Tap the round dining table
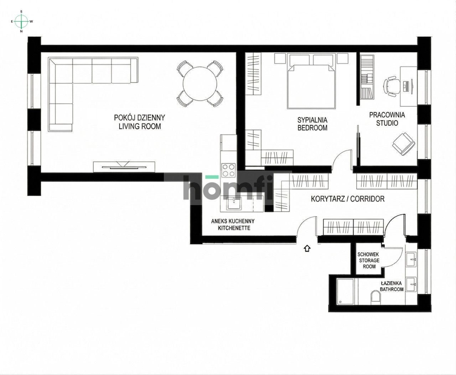pyautogui.click(x=200, y=84)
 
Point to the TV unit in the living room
pyautogui.click(x=125, y=166)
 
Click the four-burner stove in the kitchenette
pyautogui.click(x=229, y=170)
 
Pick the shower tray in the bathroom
pyautogui.click(x=345, y=291)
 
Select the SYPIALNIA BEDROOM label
pyautogui.click(x=312, y=124)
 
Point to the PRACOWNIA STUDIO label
pyautogui.click(x=387, y=119)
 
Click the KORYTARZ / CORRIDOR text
pyautogui.click(x=348, y=199)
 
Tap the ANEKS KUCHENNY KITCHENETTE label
pyautogui.click(x=233, y=224)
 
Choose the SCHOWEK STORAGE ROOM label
pyautogui.click(x=369, y=261)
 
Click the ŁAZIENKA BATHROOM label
pyautogui.click(x=391, y=286)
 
